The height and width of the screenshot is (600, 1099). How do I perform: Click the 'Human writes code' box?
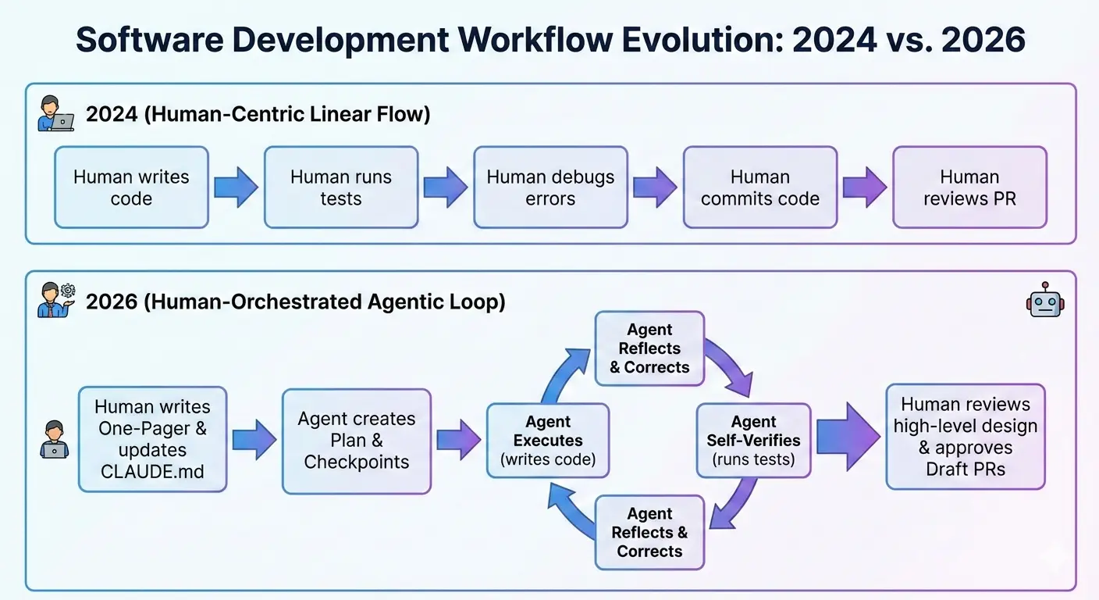click(x=131, y=187)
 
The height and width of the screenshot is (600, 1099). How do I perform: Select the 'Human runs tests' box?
click(x=340, y=187)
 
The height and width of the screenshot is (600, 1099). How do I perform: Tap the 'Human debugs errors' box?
click(x=550, y=187)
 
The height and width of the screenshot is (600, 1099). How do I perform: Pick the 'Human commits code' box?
click(x=759, y=187)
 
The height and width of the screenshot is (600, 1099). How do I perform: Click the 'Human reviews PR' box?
click(x=969, y=187)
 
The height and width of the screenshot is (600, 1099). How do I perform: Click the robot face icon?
click(x=1045, y=300)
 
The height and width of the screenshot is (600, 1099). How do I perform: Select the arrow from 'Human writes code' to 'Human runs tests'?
click(x=236, y=187)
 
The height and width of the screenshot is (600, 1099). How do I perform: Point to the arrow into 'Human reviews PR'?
click(x=864, y=187)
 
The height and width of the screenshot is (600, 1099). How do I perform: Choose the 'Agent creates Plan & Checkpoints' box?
click(x=357, y=441)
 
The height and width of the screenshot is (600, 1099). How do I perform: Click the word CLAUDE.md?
click(x=153, y=472)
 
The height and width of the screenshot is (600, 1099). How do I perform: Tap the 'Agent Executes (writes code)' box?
click(x=548, y=441)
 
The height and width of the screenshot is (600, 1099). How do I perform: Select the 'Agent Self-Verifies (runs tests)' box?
click(x=754, y=441)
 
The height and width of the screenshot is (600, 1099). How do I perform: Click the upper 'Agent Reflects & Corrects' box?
click(x=649, y=348)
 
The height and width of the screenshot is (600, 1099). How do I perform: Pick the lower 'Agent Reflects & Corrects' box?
click(x=649, y=533)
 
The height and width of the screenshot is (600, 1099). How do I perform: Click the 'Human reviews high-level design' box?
click(x=966, y=437)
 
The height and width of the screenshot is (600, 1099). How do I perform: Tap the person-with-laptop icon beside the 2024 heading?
click(x=55, y=114)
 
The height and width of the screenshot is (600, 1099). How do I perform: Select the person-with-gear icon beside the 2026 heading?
click(x=55, y=301)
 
